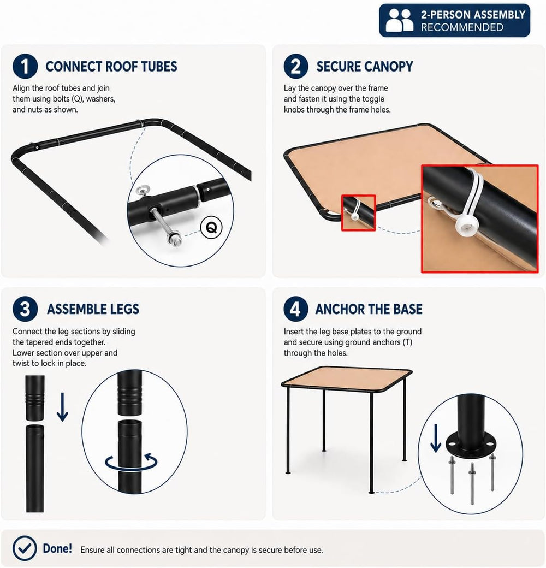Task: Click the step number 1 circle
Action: pyautogui.click(x=25, y=66)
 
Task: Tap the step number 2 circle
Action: pyautogui.click(x=296, y=66)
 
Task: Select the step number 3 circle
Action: pyautogui.click(x=25, y=309)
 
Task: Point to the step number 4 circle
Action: pyautogui.click(x=296, y=309)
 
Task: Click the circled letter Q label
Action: pyautogui.click(x=211, y=228)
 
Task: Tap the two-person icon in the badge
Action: pyautogui.click(x=399, y=20)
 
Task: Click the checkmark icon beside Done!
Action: pyautogui.click(x=25, y=548)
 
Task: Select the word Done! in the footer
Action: pyautogui.click(x=57, y=548)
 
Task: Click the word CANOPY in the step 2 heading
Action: pyautogui.click(x=389, y=67)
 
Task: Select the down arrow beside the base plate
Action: pyautogui.click(x=436, y=439)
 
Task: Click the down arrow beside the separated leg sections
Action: pyautogui.click(x=63, y=407)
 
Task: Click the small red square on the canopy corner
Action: pyautogui.click(x=358, y=212)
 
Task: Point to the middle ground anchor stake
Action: pyautogui.click(x=472, y=483)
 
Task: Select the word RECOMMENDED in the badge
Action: pyautogui.click(x=462, y=27)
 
